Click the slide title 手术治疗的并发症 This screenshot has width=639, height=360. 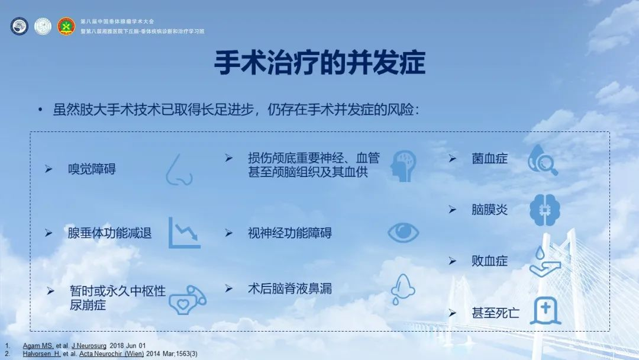pos(319,63)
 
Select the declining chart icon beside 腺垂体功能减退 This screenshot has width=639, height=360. pos(184,233)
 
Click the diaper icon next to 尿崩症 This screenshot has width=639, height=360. pos(188,300)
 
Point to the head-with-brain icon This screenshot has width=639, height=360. pos(403,166)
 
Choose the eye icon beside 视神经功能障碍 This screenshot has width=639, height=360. pos(403,233)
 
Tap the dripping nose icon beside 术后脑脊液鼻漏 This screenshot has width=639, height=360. pos(402,289)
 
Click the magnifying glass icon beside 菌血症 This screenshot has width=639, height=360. pos(543,160)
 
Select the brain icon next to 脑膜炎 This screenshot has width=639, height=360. pos(545,210)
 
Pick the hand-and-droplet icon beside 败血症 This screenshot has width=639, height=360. pos(545,261)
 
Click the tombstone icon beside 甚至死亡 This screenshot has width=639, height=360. pos(546,311)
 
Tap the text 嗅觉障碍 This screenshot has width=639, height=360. pos(92,169)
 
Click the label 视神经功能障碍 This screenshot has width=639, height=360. pos(290,233)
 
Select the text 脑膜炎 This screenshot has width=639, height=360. pos(489,210)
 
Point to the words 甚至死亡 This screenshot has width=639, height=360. pos(496,313)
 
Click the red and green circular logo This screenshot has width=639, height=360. pos(66,26)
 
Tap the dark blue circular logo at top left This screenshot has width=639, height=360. pos(19,26)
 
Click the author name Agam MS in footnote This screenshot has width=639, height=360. pos(38,346)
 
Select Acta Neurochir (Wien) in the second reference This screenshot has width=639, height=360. pos(111,353)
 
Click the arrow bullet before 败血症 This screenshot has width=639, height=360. pos(453,261)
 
